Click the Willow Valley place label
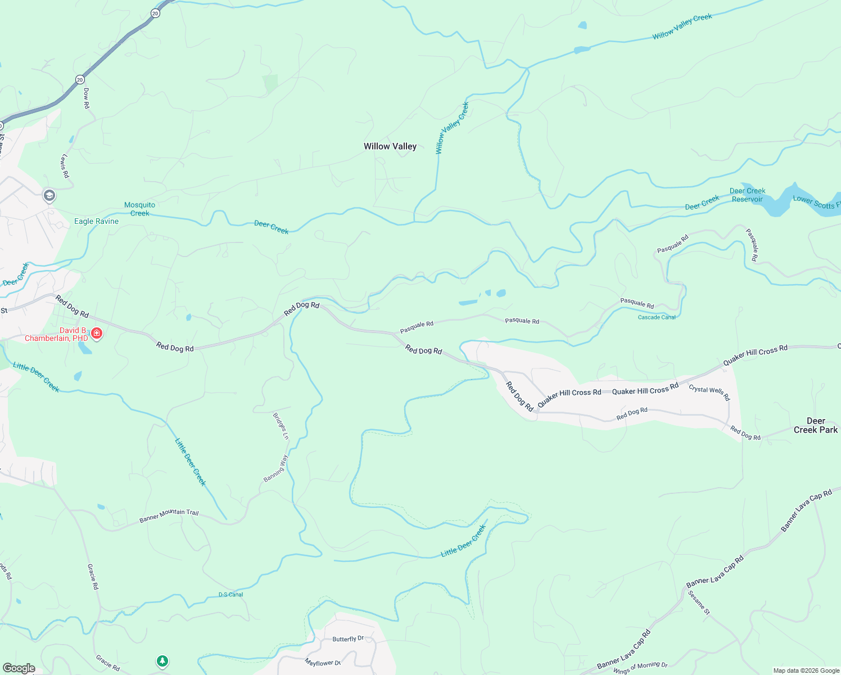[390, 146]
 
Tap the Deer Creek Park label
[815, 425]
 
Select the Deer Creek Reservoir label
[747, 195]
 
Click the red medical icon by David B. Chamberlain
[97, 334]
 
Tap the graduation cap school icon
[49, 195]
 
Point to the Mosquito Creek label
[139, 209]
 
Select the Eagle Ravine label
[97, 222]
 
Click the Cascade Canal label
[657, 317]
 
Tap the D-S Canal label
[230, 595]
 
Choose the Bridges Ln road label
[281, 426]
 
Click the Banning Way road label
[276, 468]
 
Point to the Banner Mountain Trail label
[169, 515]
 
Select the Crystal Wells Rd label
[709, 392]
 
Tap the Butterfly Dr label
[348, 639]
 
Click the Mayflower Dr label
[323, 663]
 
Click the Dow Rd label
[86, 98]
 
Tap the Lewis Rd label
[65, 166]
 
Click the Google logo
[19, 668]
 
